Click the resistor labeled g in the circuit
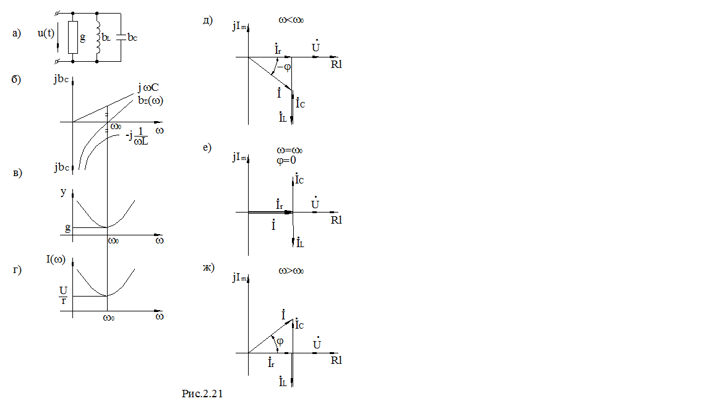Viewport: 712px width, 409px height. [x=72, y=37]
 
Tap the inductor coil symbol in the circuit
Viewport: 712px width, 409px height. [x=98, y=37]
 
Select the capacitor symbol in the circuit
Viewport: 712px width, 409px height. [x=122, y=37]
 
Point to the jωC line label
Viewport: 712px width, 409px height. [x=149, y=88]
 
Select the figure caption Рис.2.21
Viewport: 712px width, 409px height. [x=202, y=394]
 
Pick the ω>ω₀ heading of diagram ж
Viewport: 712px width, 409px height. [x=291, y=271]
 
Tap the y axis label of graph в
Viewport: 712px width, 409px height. [x=63, y=192]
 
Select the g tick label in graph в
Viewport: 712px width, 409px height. [x=67, y=228]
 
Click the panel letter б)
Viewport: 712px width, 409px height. [x=17, y=79]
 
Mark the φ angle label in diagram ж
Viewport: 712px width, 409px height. [x=280, y=341]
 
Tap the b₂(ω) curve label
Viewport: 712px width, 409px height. [x=151, y=99]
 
